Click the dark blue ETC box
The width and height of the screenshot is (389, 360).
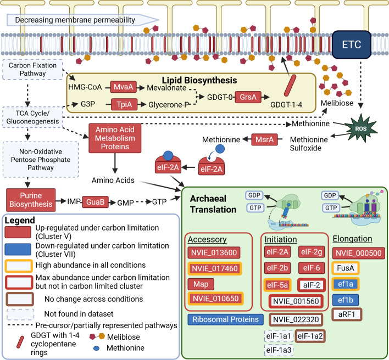(352, 44)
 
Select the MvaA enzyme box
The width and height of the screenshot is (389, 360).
(123, 87)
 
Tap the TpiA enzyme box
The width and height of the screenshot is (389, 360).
(124, 104)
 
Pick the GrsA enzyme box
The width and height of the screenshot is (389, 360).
(248, 97)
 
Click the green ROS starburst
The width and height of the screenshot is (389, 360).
(361, 128)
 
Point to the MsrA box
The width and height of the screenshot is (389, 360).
(264, 139)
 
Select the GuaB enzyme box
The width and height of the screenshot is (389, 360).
(95, 202)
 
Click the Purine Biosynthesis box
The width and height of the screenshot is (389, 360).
(31, 200)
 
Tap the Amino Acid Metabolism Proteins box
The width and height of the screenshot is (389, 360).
(115, 138)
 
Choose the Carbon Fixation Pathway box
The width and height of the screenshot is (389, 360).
(32, 69)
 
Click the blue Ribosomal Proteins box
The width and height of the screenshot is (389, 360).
(225, 319)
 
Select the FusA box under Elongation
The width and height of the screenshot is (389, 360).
(346, 268)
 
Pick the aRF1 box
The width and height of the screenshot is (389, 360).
(347, 314)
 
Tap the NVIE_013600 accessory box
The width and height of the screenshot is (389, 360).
(214, 253)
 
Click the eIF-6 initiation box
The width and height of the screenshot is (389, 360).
(312, 268)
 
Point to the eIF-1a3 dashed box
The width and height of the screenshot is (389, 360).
(279, 350)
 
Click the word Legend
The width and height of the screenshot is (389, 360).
(20, 220)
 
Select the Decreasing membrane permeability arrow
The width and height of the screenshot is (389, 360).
(82, 20)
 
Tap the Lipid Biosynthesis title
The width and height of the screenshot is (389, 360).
(199, 80)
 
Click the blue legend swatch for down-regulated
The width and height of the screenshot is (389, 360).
(18, 249)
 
